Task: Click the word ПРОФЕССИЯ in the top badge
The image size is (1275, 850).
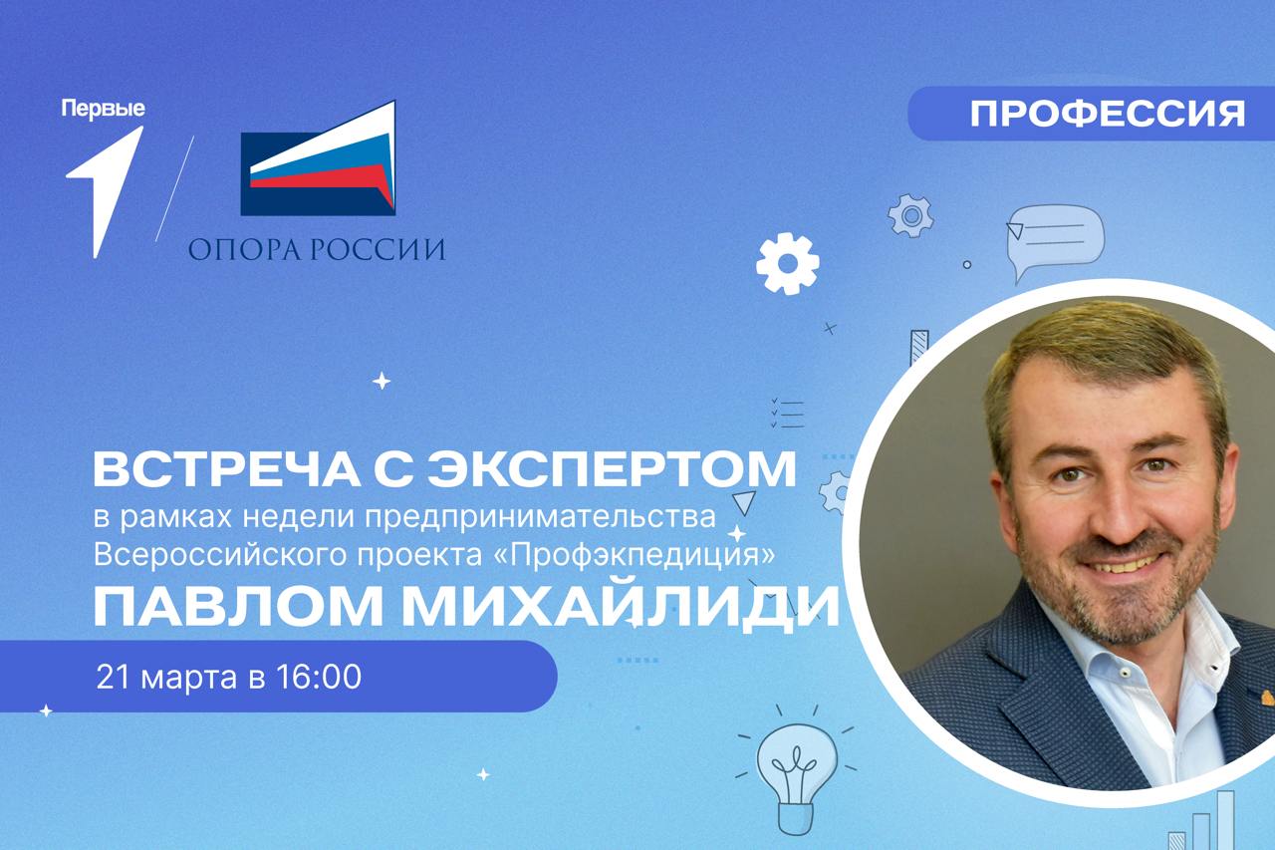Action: pos(1107,113)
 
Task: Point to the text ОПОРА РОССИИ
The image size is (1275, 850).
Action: pos(317,248)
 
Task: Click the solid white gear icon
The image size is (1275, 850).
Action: pos(787,263)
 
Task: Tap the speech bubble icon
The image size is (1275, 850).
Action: pos(1053,237)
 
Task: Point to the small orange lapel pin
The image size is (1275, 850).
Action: pos(1264,696)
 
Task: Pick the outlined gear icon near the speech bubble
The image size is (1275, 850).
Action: pos(909,215)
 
